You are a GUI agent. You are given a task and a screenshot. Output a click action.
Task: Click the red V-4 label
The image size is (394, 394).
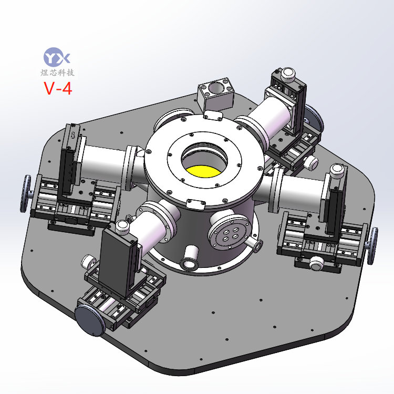58,88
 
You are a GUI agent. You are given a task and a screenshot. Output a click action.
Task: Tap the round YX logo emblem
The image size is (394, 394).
57,57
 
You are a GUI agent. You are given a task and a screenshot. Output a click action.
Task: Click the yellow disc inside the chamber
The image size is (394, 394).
203,171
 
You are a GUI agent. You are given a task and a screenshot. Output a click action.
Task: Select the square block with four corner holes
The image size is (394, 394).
216,94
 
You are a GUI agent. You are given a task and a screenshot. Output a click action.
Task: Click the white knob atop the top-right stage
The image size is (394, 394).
288,74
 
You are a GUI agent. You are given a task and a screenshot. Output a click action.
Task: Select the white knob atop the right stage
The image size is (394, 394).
337,171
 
